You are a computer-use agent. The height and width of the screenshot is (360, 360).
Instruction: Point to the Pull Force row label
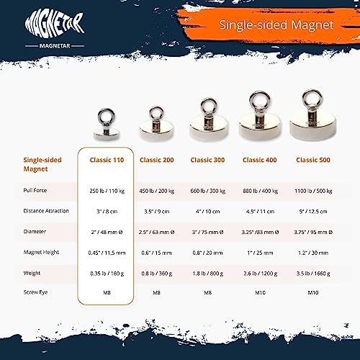(x=36, y=192)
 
